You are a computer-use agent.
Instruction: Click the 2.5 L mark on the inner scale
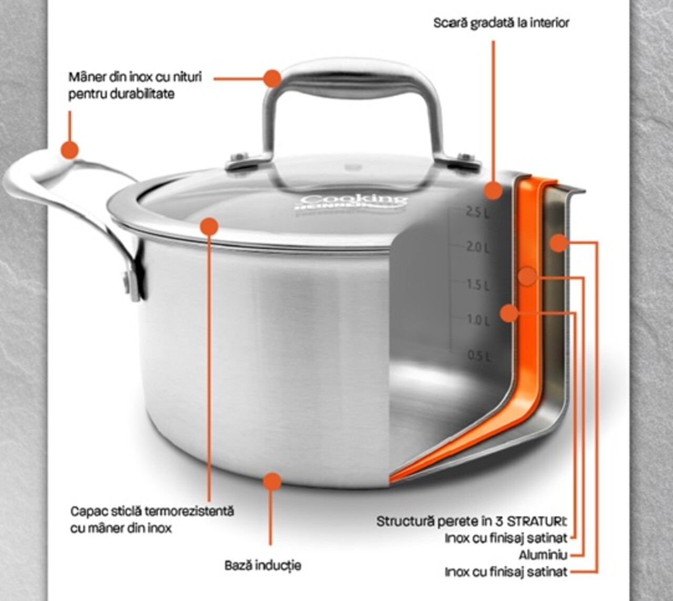point(477,212)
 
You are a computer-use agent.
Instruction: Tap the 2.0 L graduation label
point(477,247)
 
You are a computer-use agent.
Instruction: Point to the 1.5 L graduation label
point(478,285)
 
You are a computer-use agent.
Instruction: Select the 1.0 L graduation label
point(478,320)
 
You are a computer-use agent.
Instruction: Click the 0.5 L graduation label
point(479,356)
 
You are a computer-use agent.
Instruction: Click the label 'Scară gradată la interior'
point(501,23)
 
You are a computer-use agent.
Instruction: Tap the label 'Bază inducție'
point(263,565)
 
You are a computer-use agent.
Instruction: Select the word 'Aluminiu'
point(543,555)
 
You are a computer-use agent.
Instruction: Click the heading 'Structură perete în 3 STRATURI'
point(471,522)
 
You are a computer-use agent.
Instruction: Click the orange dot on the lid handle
point(272,78)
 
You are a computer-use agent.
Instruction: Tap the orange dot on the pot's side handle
point(69,149)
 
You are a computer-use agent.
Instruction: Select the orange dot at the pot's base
point(272,481)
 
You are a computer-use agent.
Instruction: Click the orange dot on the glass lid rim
point(209,226)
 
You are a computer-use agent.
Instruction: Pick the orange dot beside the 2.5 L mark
point(493,190)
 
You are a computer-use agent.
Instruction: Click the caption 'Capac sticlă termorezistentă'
point(152,511)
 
